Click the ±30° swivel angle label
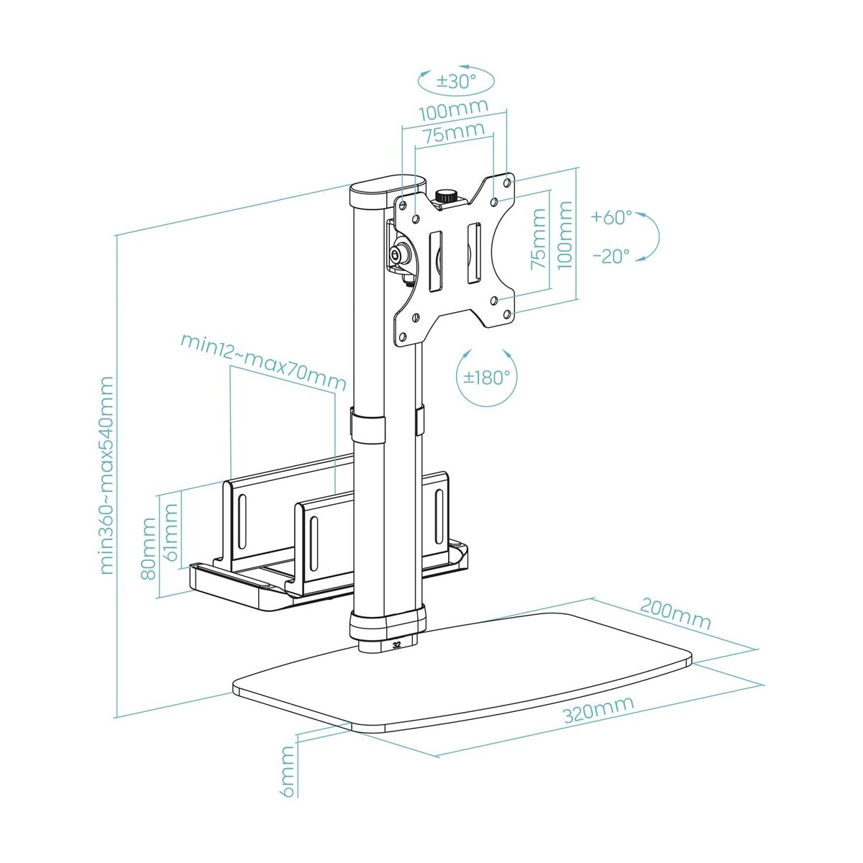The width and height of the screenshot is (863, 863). click(x=455, y=81)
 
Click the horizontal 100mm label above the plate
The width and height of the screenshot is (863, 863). click(x=453, y=111)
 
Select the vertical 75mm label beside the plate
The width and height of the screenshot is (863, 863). click(x=537, y=240)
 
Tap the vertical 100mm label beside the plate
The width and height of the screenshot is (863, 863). click(x=565, y=235)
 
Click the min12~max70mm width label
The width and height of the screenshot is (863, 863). click(x=262, y=361)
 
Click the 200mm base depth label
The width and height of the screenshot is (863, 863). click(x=675, y=613)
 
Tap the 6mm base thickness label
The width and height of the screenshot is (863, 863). click(x=287, y=770)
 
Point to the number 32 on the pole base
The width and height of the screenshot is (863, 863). click(x=397, y=644)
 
